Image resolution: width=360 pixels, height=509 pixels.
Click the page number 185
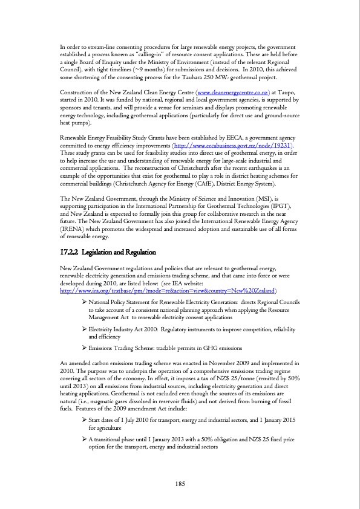(x=180, y=482)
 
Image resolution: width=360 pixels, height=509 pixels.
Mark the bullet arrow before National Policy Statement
(x=84, y=318)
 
